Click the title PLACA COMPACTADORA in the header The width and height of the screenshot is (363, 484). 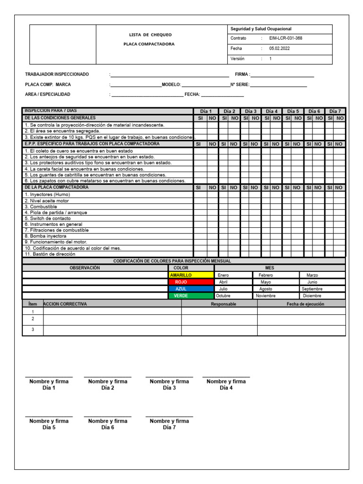pos(150,44)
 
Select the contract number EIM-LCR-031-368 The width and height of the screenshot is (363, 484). pos(285,38)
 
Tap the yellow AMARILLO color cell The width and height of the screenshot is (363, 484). pos(190,275)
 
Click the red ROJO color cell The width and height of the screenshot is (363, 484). pos(190,282)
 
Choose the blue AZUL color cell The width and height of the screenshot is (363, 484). pos(190,289)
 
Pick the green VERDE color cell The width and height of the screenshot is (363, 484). pos(190,296)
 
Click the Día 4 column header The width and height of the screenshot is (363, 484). pos(272,111)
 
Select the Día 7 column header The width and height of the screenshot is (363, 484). pos(335,111)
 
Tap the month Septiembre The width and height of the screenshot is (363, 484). pos(312,289)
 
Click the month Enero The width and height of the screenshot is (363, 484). pos(223,275)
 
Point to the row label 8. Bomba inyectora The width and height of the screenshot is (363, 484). pos(45,236)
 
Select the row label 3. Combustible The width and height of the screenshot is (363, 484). pos(41,207)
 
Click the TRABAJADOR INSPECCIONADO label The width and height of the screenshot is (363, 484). pos(57,74)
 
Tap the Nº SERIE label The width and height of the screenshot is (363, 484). pos(239,85)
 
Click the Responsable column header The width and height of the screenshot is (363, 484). pos(223,304)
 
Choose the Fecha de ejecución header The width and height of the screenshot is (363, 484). pos(305,304)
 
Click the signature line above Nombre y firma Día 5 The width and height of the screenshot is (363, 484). pos(49,416)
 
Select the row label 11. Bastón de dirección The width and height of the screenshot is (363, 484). pos(50,254)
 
